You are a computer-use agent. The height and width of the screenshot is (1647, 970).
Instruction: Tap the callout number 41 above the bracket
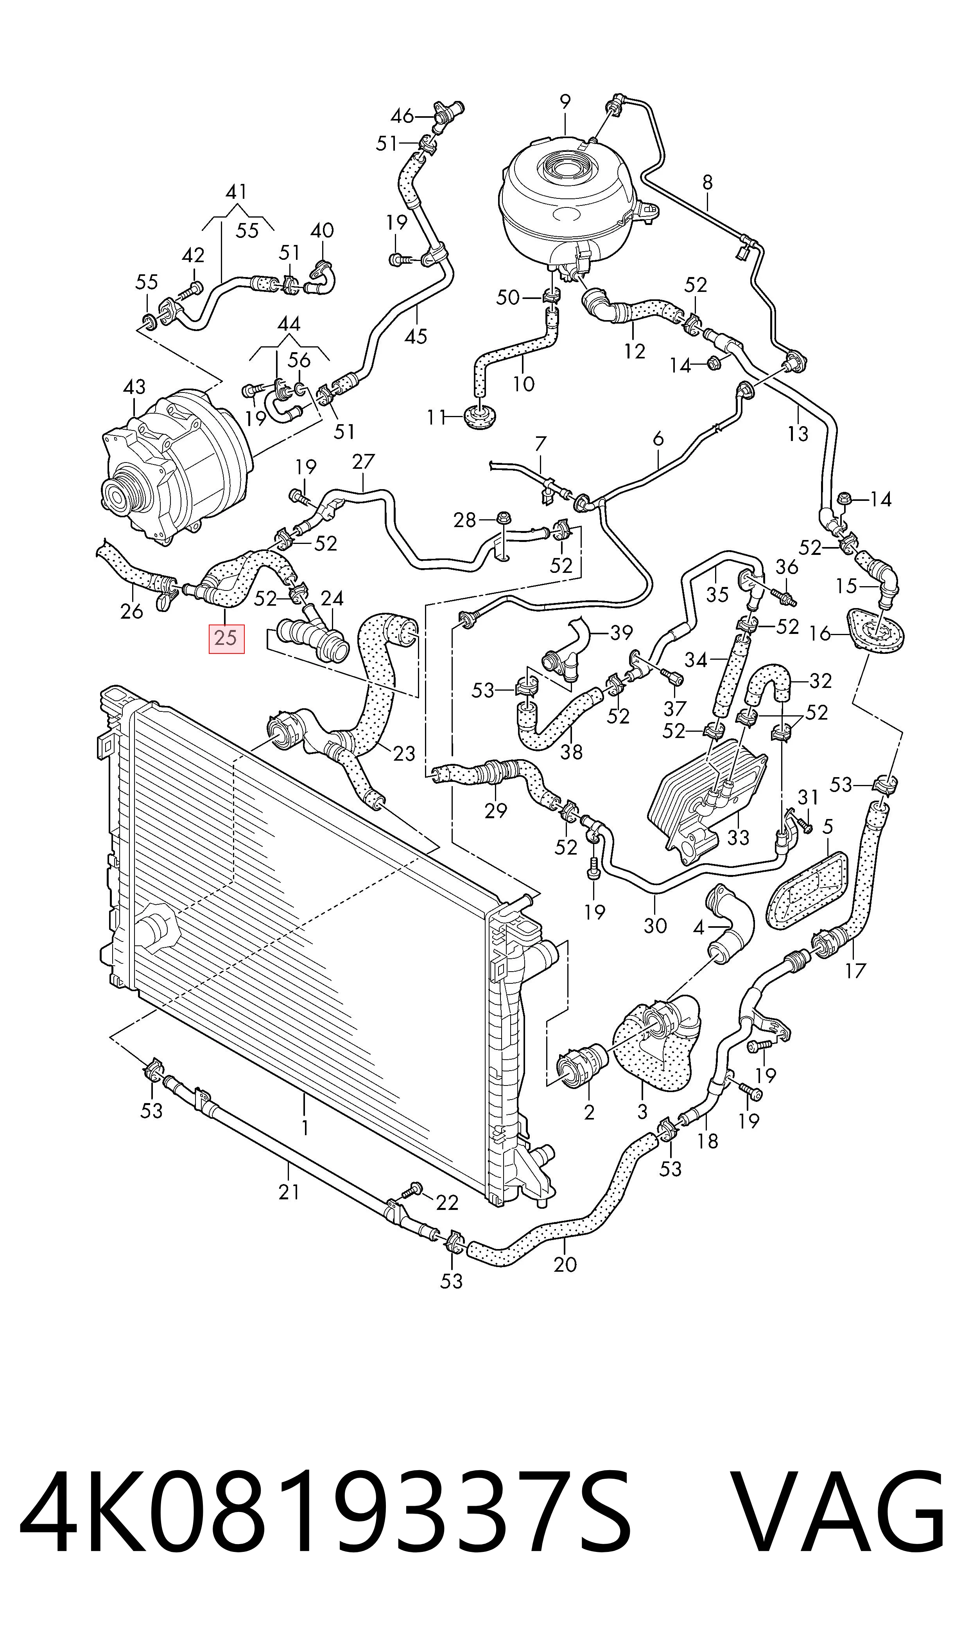point(236,192)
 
